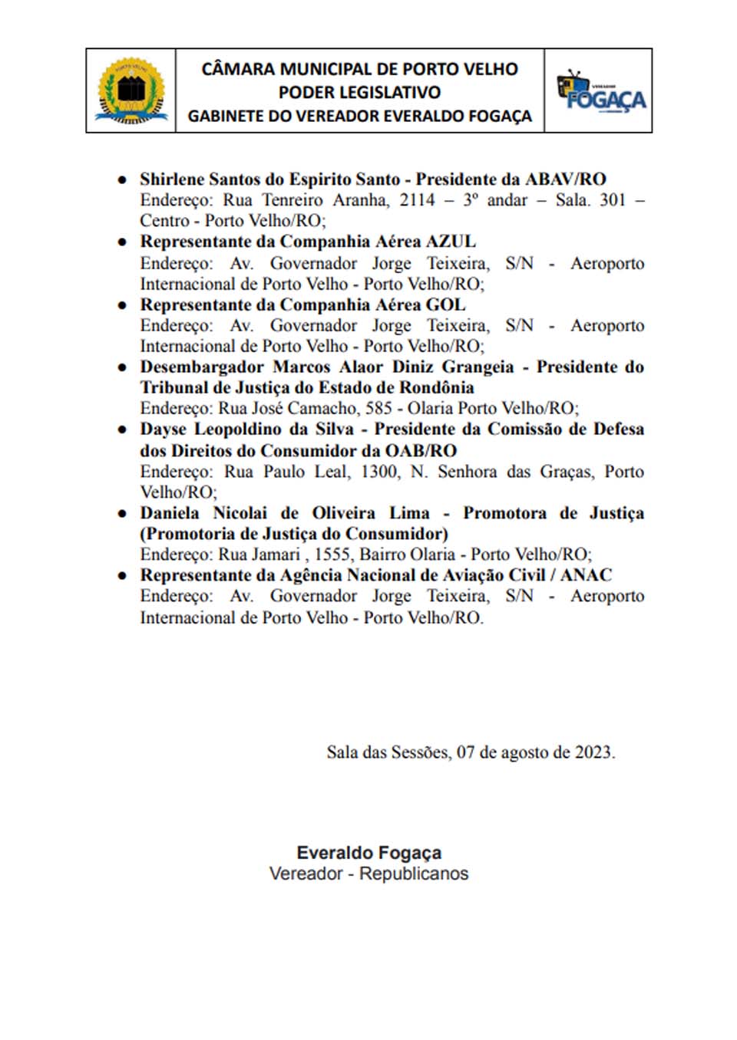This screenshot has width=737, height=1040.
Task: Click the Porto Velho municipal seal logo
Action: [131, 91]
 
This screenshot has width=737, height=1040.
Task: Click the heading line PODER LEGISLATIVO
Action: [359, 93]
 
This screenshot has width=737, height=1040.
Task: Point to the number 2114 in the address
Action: [417, 200]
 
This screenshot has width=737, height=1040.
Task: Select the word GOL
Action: [445, 304]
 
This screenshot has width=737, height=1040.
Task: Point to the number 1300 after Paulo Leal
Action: [379, 471]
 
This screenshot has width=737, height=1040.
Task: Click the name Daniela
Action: [170, 513]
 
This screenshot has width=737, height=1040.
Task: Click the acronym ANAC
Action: [586, 575]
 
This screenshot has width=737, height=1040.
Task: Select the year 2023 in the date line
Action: [593, 752]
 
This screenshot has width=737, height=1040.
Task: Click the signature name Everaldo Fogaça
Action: [368, 853]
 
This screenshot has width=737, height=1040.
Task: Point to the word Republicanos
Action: [414, 874]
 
